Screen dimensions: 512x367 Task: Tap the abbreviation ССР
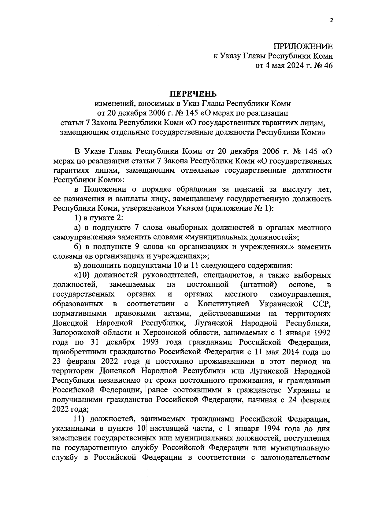click(322, 304)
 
